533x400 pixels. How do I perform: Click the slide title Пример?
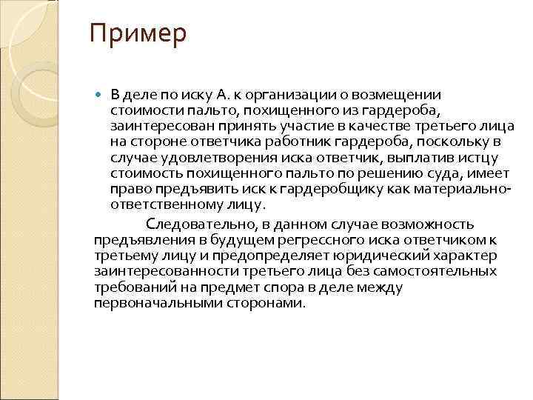tap(138, 35)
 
